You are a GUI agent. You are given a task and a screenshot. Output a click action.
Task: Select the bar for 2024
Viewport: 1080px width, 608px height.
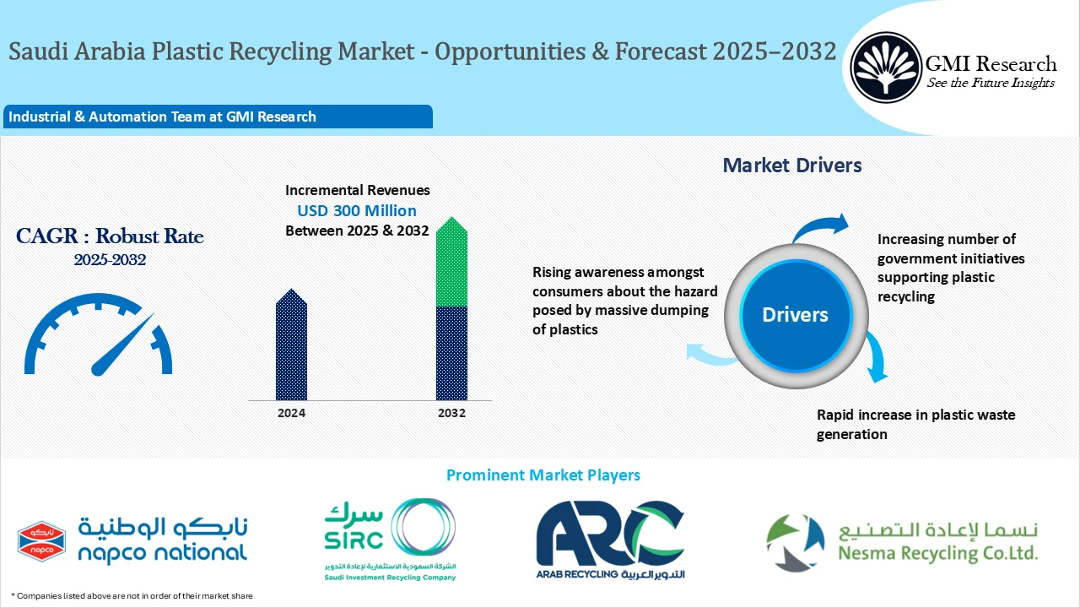pyautogui.click(x=291, y=346)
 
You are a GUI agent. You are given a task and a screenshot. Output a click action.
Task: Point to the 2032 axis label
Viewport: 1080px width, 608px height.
pyautogui.click(x=451, y=413)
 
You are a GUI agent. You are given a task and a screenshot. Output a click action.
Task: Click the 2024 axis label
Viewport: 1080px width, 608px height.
pyautogui.click(x=291, y=413)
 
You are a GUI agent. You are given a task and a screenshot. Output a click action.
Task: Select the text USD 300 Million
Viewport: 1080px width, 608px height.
pyautogui.click(x=357, y=210)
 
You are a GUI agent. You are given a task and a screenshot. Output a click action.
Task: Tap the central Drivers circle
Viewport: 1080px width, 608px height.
pyautogui.click(x=795, y=315)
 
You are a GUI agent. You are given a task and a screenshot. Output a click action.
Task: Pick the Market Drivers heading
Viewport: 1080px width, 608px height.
pyautogui.click(x=791, y=166)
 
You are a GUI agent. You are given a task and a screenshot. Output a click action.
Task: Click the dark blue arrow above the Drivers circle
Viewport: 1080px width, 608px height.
pyautogui.click(x=823, y=225)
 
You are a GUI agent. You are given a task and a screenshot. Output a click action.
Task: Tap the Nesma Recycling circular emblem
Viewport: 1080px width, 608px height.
pyautogui.click(x=795, y=542)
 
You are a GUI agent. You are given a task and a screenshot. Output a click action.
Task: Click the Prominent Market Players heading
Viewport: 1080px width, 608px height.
pyautogui.click(x=543, y=475)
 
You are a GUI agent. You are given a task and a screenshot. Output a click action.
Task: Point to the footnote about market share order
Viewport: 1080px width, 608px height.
pyautogui.click(x=132, y=596)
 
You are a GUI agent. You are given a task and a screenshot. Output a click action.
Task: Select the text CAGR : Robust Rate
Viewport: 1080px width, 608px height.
pyautogui.click(x=110, y=236)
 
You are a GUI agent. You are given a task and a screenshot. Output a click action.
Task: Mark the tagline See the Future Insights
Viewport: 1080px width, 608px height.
pyautogui.click(x=991, y=83)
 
